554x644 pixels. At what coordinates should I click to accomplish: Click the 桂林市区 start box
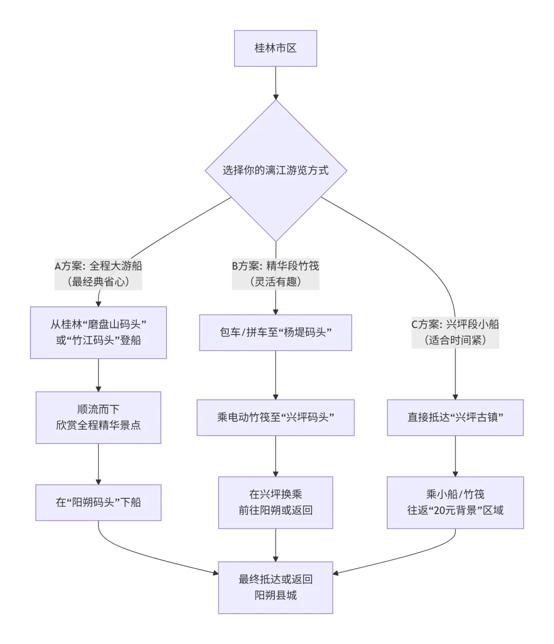(x=275, y=48)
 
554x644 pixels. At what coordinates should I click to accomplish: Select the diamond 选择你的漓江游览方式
(x=275, y=170)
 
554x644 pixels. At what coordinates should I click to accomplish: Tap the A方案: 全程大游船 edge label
(x=98, y=266)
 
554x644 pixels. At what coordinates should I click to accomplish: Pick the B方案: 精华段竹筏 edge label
(x=275, y=266)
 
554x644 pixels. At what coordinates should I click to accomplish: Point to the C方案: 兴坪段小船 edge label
(x=455, y=324)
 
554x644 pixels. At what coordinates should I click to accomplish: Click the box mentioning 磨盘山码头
(x=98, y=332)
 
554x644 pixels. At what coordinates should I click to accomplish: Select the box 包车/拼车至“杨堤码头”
(x=275, y=333)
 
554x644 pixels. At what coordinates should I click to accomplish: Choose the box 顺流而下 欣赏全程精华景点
(x=98, y=417)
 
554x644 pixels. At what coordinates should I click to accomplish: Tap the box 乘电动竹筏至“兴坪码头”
(x=275, y=418)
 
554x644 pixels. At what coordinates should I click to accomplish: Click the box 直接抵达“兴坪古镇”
(x=455, y=418)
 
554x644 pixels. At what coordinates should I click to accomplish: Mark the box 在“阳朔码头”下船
(x=98, y=502)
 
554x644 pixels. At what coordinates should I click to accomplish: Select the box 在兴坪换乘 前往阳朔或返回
(x=275, y=502)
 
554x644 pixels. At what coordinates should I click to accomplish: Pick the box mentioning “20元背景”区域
(x=455, y=502)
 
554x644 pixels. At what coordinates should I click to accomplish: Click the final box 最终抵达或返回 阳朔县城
(x=275, y=588)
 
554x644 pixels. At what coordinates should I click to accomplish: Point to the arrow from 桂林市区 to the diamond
(x=276, y=82)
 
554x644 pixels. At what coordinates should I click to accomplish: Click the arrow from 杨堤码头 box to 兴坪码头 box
(x=275, y=375)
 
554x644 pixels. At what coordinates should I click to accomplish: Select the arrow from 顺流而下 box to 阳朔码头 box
(x=98, y=463)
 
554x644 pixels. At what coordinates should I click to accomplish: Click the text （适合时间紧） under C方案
(x=455, y=340)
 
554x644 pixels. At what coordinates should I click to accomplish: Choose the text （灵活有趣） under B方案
(x=275, y=282)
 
